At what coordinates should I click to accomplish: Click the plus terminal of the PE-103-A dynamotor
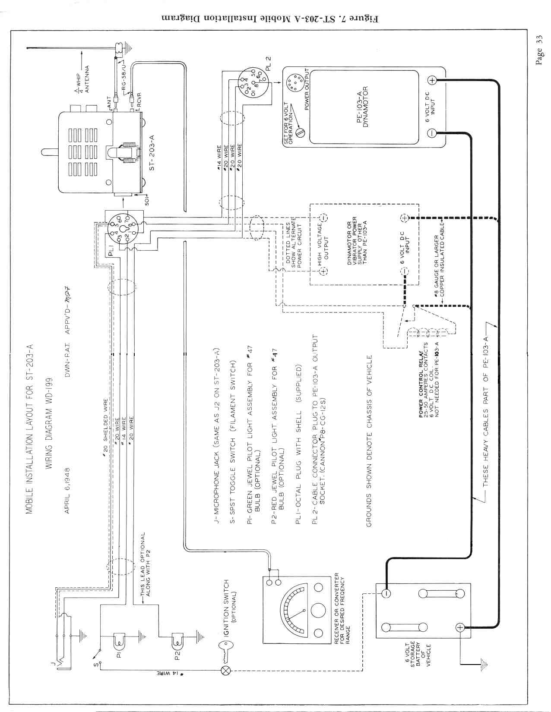point(432,80)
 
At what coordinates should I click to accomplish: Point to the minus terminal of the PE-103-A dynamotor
point(432,132)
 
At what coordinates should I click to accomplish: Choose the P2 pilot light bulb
point(177,639)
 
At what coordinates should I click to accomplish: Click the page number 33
point(539,51)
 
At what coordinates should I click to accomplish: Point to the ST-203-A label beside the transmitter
point(152,153)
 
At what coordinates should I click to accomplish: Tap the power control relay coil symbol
point(430,332)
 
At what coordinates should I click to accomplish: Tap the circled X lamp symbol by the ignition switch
point(226,670)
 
